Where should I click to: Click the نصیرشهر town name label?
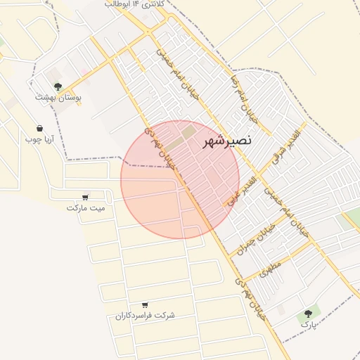(226, 141)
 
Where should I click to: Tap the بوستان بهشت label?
(58, 97)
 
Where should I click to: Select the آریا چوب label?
(39, 139)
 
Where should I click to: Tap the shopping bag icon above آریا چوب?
(39, 129)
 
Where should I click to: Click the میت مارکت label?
(86, 208)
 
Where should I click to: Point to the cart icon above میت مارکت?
(86, 198)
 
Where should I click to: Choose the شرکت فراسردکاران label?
(145, 316)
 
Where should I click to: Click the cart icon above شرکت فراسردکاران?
(145, 305)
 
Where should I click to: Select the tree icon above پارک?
(308, 314)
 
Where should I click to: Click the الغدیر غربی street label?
(243, 190)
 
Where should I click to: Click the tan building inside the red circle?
(190, 131)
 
